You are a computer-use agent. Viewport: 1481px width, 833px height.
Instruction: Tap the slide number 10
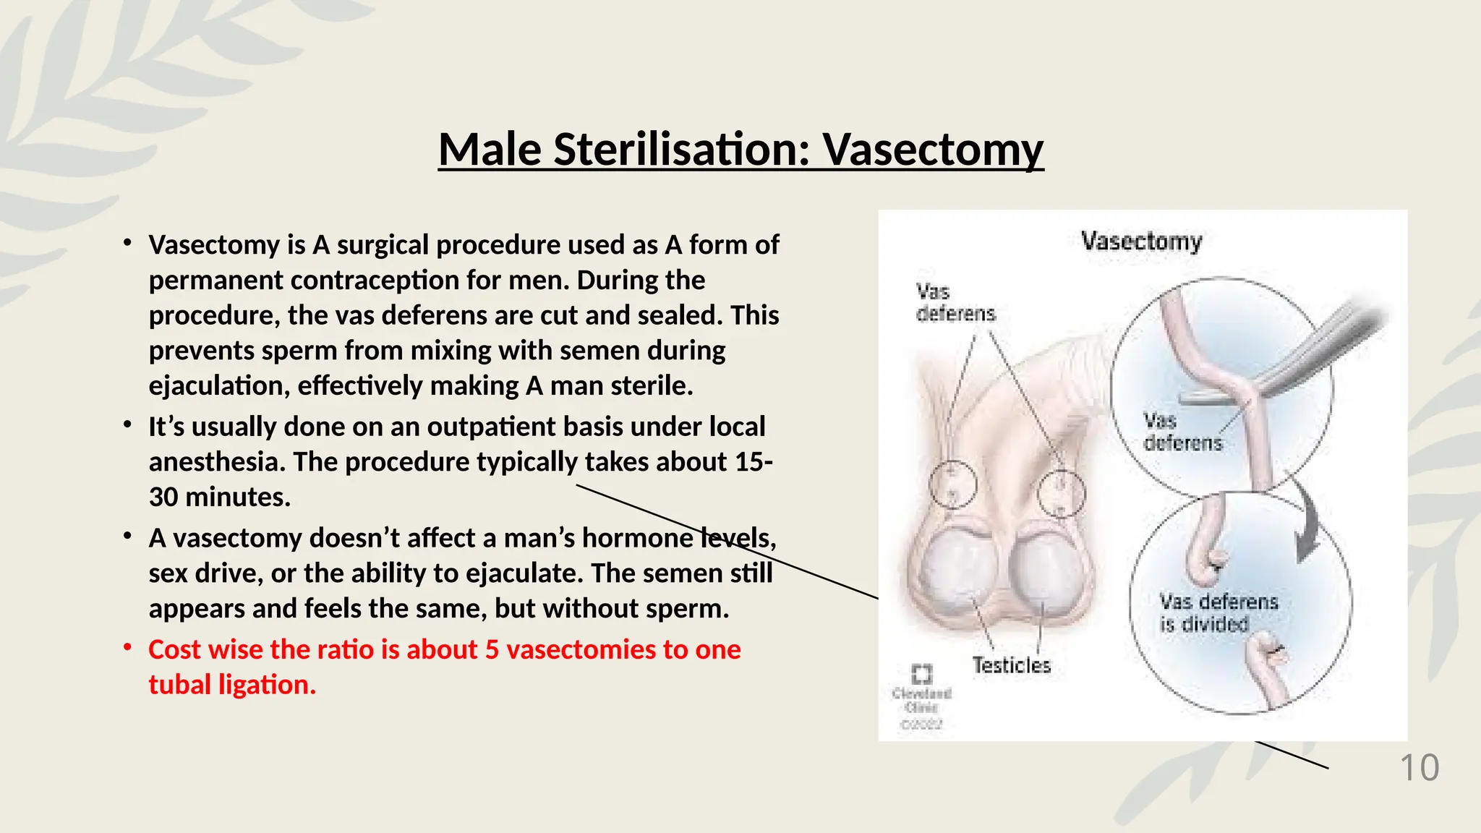[1420, 768]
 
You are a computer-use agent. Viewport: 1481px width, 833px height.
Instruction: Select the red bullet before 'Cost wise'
[127, 648]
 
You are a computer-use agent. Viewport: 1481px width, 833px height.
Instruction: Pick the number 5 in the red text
[492, 649]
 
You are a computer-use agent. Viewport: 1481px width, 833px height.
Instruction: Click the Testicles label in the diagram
[1011, 665]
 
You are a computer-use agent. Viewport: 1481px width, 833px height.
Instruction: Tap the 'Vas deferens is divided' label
[1218, 612]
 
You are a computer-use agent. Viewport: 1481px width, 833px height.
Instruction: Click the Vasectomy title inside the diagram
[1141, 241]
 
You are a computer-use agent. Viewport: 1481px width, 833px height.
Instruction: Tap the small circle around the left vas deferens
[952, 484]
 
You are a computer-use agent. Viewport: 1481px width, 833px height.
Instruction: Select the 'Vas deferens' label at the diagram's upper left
[955, 302]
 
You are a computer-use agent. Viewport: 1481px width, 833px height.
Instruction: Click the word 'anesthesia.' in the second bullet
[217, 462]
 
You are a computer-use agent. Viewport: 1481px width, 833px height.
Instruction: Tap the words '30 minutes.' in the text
[219, 497]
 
